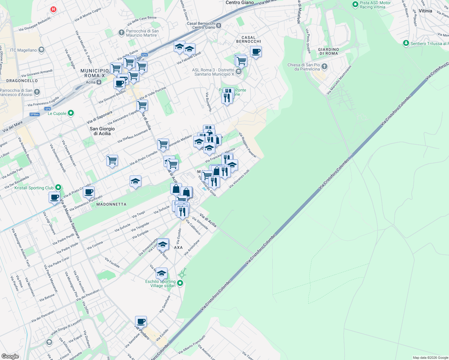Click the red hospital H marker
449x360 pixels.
point(53,9)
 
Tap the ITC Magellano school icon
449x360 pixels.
point(41,50)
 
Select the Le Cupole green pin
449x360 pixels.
point(71,113)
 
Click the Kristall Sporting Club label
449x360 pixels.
point(34,188)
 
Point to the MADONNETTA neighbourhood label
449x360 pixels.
point(111,204)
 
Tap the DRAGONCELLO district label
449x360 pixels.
point(22,81)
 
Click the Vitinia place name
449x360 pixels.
point(425,11)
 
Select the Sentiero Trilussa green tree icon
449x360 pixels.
point(406,43)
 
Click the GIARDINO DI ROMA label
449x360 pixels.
point(328,51)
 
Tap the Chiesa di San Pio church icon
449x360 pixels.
point(324,67)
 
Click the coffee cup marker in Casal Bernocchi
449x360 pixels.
point(256,52)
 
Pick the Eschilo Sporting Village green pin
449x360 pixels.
point(180,283)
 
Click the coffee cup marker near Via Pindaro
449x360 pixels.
point(141,322)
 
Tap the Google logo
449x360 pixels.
point(10,356)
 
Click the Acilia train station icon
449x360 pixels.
point(99,82)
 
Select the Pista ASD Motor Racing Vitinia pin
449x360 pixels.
point(356,4)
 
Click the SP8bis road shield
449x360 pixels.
point(35,114)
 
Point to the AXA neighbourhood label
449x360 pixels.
point(178,247)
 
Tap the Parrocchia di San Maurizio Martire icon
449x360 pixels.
point(121,33)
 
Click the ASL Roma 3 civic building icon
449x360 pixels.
point(238,72)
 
